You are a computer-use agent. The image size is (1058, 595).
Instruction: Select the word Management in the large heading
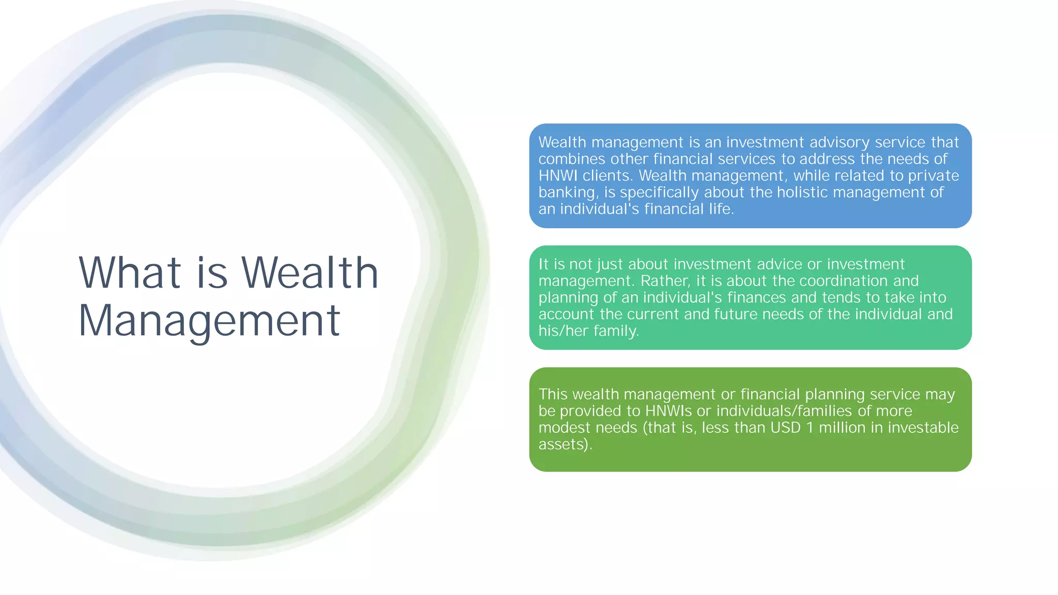click(209, 321)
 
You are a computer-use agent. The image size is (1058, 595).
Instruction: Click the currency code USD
click(785, 428)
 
